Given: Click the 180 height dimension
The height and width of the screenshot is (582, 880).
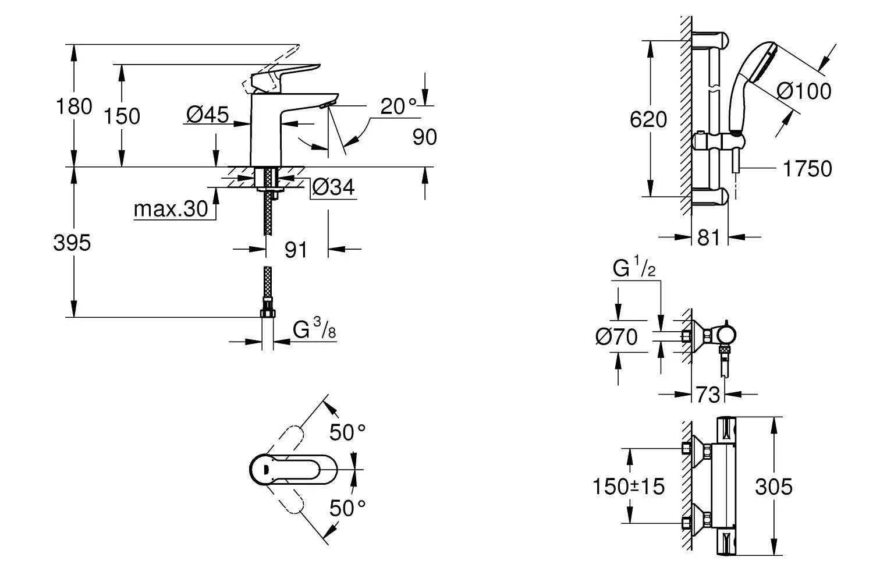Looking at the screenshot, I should tap(73, 107).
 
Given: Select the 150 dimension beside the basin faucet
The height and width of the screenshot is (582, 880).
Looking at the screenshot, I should tap(122, 116).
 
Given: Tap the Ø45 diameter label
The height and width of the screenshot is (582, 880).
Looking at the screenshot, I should tap(207, 115).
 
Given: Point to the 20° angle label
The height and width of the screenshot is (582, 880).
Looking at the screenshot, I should tap(399, 106).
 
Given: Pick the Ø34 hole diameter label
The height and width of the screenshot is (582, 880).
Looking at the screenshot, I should tap(333, 187).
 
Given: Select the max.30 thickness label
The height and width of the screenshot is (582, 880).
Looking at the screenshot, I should tap(171, 209).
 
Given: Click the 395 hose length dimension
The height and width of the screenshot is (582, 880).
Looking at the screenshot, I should tap(72, 243).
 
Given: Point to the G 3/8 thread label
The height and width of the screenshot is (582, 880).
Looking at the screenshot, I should tap(314, 331).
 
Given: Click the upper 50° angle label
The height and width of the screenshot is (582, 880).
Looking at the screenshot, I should tap(347, 432).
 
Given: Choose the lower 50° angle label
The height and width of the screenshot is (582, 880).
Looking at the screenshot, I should tap(347, 508).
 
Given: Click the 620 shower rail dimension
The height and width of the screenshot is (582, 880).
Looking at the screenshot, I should tap(649, 120).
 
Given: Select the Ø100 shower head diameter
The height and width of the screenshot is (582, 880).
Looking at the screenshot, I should tap(804, 91).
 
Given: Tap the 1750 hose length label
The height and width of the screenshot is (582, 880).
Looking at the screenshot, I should tap(807, 169).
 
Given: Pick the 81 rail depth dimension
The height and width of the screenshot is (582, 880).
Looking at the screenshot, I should tap(708, 237).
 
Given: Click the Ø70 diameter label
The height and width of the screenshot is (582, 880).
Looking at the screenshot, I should tap(616, 336).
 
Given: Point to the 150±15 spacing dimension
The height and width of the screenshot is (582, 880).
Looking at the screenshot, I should tap(628, 486).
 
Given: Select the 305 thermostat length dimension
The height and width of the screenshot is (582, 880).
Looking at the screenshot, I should tap(773, 487).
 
